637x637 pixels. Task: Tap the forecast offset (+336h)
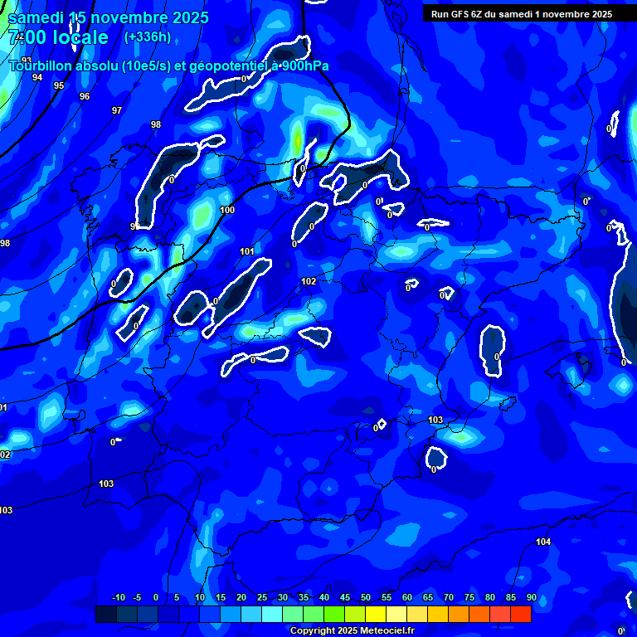(147, 36)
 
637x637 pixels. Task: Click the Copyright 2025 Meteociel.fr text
(352, 631)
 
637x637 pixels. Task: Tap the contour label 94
(37, 77)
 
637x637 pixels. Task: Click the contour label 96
(85, 96)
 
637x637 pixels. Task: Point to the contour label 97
(117, 110)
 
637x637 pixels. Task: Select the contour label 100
(227, 210)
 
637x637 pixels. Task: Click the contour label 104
(543, 542)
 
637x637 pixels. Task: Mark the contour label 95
(59, 85)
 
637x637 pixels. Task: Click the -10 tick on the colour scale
(118, 597)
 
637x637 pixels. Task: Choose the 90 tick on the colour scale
(531, 597)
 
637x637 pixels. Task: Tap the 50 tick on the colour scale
(365, 597)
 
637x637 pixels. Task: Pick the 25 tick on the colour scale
(261, 597)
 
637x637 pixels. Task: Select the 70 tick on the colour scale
(448, 597)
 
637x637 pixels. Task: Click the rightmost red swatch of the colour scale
(521, 614)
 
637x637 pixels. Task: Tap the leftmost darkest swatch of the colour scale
(105, 614)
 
